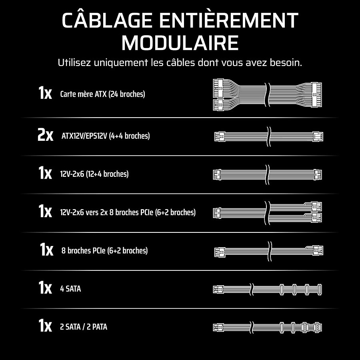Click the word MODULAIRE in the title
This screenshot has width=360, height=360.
[180, 43]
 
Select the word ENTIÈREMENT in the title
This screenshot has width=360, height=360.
[229, 20]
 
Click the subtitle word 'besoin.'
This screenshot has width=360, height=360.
[286, 62]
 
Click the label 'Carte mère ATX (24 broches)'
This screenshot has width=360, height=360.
[102, 94]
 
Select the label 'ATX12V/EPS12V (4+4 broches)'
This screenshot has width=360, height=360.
[106, 136]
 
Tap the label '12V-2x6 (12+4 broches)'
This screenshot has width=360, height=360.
[94, 174]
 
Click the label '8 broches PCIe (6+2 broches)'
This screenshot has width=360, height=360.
[104, 250]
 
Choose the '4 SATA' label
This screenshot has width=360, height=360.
[70, 289]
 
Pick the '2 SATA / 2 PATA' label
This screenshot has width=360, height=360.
[84, 327]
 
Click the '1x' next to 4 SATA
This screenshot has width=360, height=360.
[45, 287]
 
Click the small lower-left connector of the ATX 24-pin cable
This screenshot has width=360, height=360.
[218, 105]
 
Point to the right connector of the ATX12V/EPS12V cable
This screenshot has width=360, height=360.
[318, 137]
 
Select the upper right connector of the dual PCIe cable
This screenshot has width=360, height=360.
[317, 207]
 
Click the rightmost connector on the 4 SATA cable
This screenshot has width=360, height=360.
[319, 289]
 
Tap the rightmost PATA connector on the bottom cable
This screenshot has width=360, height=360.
[317, 327]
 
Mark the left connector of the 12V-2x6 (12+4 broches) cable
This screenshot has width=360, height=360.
[217, 175]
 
